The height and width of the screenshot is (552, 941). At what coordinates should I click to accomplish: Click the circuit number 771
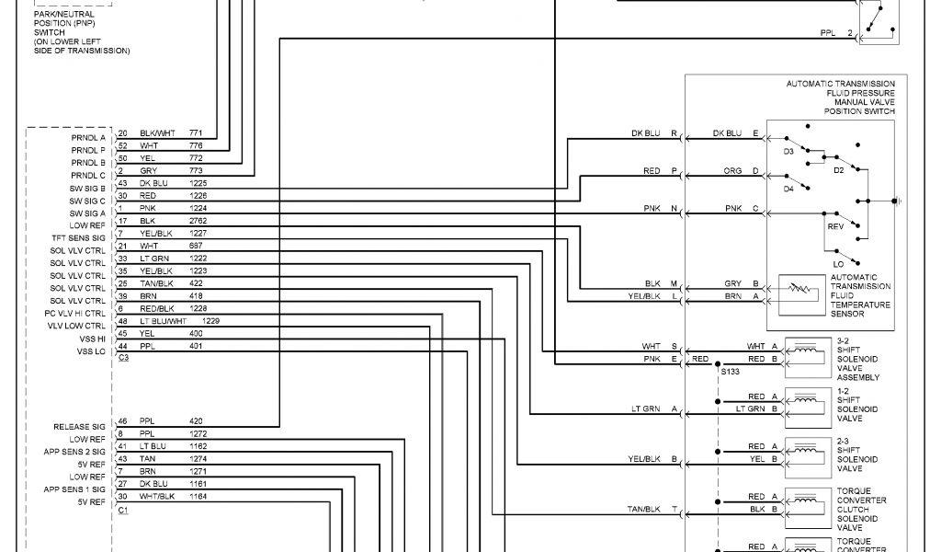tap(196, 133)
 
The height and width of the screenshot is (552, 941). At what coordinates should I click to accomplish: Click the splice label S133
tap(731, 371)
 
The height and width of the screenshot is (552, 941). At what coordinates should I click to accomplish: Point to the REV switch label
tap(835, 225)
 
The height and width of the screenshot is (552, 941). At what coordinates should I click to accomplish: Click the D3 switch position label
tap(788, 149)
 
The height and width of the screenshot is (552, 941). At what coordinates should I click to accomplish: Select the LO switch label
tap(838, 264)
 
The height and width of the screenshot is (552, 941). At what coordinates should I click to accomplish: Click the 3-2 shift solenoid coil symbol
tap(805, 352)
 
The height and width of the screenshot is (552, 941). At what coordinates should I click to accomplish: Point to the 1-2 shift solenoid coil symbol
tap(805, 402)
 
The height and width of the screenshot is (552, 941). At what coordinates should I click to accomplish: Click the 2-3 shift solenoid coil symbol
tap(805, 452)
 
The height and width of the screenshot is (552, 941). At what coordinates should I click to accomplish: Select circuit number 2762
tap(198, 222)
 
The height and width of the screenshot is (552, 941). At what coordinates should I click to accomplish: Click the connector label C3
tap(123, 357)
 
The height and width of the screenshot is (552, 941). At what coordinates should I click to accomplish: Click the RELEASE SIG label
tap(80, 427)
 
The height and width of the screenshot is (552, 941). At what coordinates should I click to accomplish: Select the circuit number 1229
tap(211, 320)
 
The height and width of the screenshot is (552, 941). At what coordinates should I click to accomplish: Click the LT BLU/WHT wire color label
tap(163, 320)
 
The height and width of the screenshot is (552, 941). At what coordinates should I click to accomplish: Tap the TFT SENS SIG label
tap(79, 238)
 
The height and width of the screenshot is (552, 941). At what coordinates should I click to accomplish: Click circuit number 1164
tap(198, 496)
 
